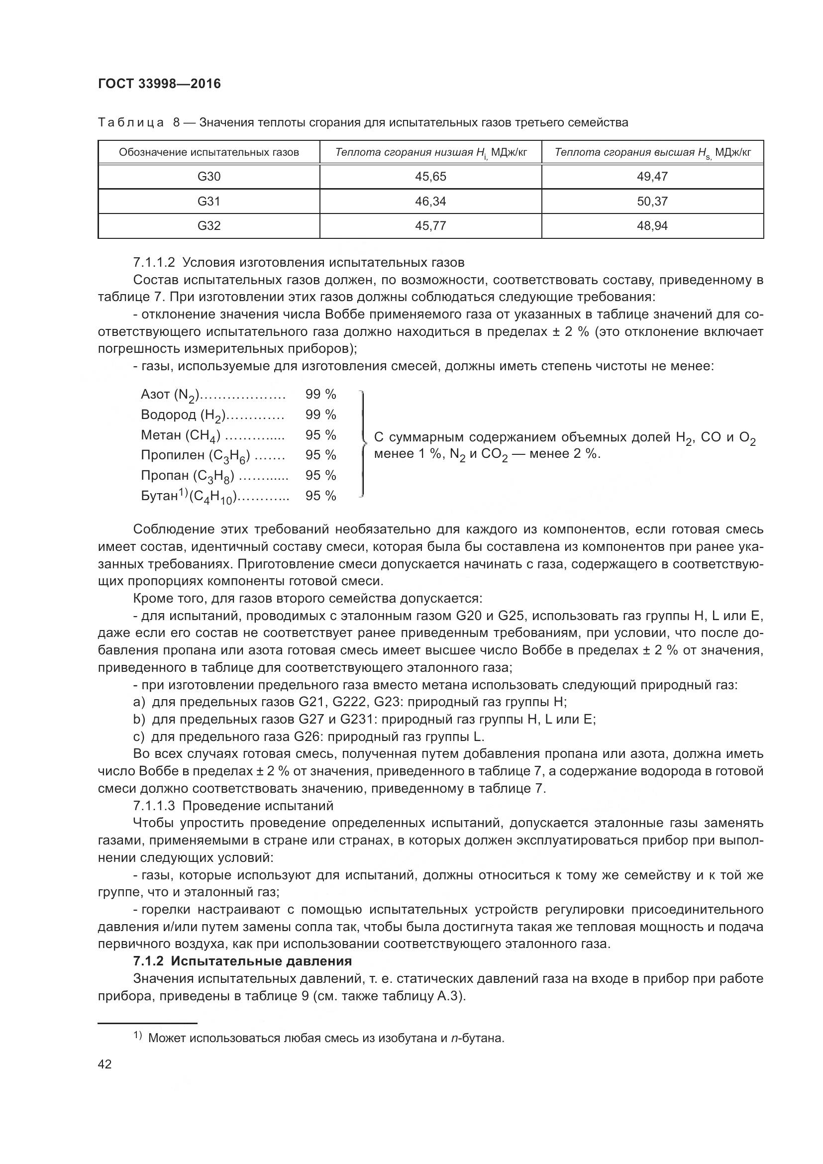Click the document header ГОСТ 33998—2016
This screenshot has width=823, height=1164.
[159, 84]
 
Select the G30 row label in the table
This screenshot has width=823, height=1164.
[209, 177]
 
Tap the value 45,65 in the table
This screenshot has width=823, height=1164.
[430, 177]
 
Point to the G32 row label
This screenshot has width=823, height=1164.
[209, 225]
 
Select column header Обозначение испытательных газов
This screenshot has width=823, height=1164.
[209, 152]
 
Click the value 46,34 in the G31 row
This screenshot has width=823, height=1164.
[430, 201]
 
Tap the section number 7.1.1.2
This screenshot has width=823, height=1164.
[154, 263]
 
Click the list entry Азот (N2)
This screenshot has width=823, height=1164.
[170, 395]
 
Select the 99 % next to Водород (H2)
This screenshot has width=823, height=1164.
[320, 415]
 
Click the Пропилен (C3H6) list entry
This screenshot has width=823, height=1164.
[195, 456]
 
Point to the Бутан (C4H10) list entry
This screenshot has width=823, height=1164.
[188, 496]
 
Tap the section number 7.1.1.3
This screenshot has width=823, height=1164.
[154, 806]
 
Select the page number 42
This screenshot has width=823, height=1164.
[105, 1063]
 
